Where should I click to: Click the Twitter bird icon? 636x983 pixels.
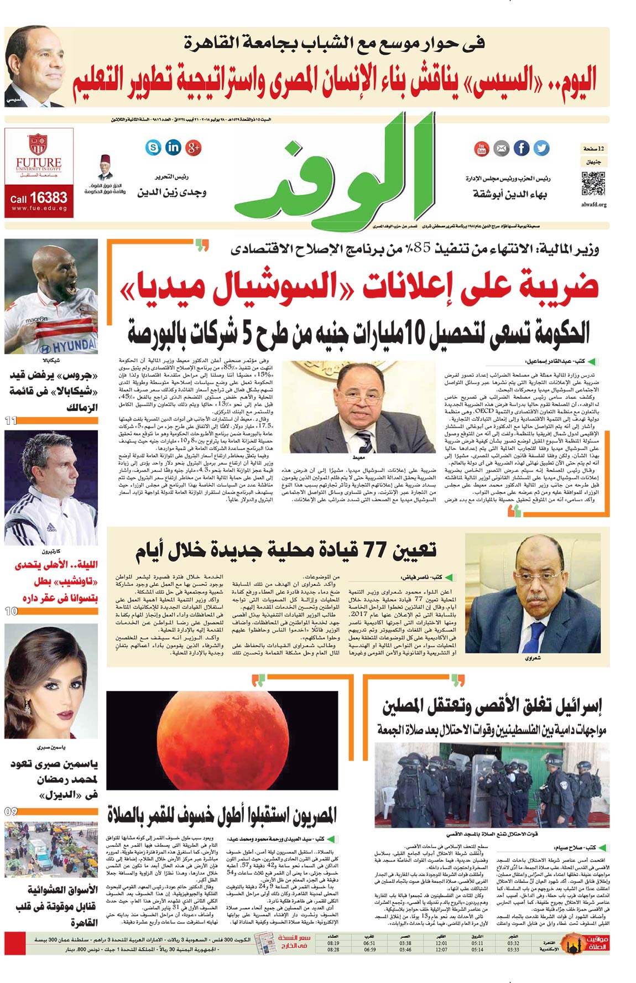point(541,148)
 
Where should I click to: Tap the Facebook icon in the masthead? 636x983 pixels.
point(521,148)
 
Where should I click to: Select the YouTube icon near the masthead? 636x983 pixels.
point(481,148)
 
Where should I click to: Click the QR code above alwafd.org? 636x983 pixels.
point(593,184)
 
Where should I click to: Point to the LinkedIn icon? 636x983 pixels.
point(173,147)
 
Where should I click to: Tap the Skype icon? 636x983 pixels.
point(153,147)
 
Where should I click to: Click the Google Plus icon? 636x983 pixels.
point(193,147)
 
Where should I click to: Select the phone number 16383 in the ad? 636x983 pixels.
point(48,197)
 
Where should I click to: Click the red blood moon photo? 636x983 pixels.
point(222,740)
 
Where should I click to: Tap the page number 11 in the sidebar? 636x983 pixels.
point(11,421)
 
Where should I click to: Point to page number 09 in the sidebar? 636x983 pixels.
point(11,812)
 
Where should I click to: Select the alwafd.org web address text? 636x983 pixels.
point(594,205)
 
